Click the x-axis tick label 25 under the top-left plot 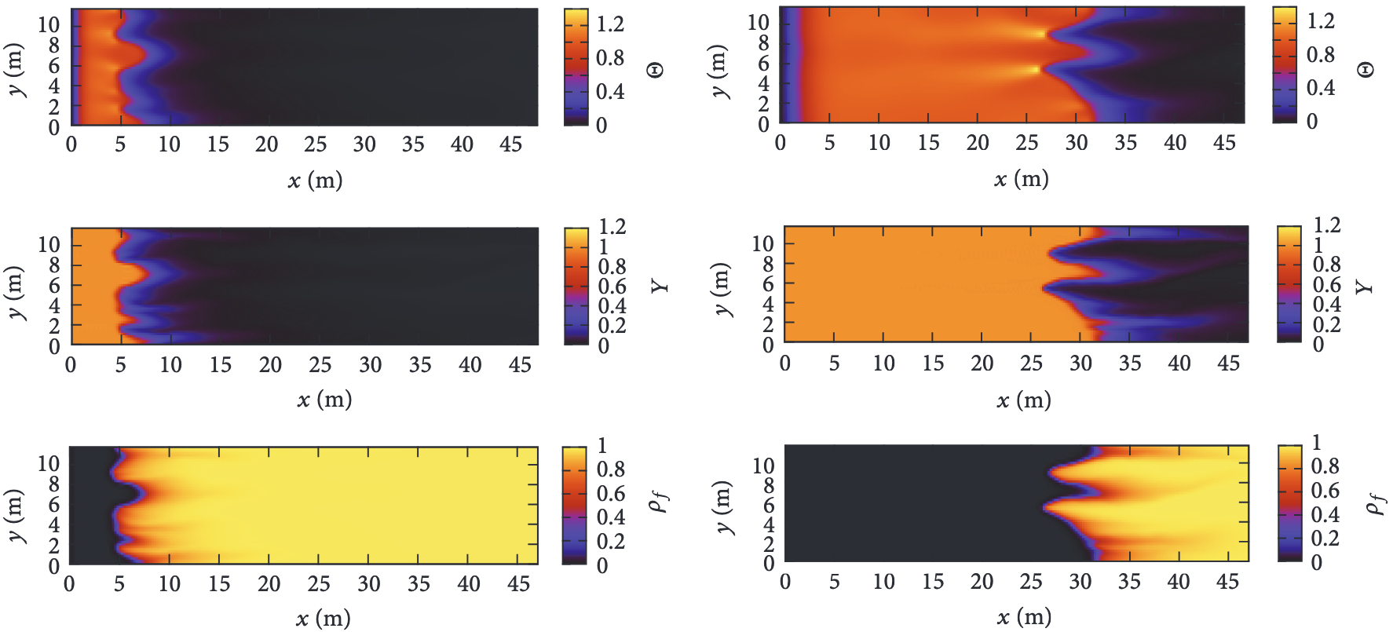pos(315,144)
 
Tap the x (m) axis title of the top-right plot pos(1021,180)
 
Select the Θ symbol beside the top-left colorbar pos(655,70)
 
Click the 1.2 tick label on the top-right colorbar pos(1321,20)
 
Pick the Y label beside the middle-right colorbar pos(1366,286)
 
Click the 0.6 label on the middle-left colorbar pos(612,287)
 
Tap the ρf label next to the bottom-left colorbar pos(658,501)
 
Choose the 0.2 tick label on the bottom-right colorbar pos(1325,539)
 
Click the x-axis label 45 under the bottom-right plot pos(1227,582)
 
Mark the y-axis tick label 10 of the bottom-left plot pos(49,463)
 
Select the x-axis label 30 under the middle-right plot pos(1080,363)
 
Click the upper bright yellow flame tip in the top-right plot pos(1041,34)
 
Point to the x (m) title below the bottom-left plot pos(323,619)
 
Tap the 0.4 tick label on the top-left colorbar pos(610,91)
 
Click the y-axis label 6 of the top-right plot pos(763,64)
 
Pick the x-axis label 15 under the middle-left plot pos(220,364)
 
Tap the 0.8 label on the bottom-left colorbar pos(611,469)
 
